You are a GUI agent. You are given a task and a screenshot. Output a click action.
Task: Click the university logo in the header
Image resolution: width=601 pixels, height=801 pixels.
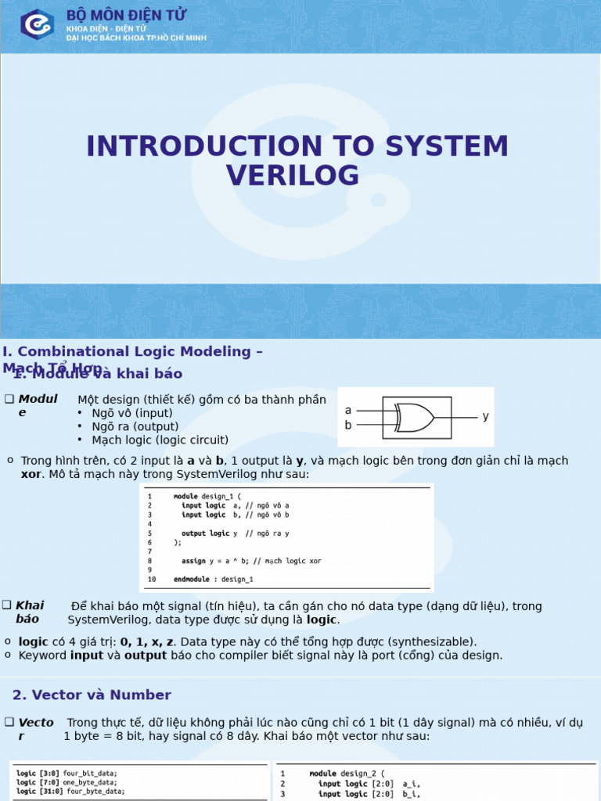(36, 25)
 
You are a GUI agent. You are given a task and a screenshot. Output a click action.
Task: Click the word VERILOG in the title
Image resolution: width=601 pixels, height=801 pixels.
(293, 175)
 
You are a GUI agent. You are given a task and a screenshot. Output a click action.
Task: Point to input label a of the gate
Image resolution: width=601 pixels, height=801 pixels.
(348, 411)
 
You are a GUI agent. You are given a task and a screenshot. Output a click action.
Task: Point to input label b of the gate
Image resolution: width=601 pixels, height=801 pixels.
(348, 426)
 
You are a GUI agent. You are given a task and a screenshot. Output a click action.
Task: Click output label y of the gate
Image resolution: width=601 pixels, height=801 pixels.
(485, 417)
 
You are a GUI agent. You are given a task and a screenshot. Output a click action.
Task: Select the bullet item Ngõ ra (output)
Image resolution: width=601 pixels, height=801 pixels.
(135, 426)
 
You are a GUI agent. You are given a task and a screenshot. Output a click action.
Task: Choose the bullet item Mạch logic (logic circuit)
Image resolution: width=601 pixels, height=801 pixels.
(160, 440)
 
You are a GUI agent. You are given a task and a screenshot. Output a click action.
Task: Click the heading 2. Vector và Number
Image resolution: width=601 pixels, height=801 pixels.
(92, 695)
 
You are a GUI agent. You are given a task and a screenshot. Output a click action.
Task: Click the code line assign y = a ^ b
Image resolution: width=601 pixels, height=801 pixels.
(247, 561)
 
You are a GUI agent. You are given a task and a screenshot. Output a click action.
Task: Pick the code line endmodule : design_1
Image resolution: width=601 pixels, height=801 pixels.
(213, 580)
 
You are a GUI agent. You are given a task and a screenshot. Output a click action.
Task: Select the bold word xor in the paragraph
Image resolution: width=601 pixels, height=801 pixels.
(30, 474)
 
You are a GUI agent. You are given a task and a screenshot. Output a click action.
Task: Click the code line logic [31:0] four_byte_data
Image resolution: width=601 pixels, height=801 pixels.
(70, 791)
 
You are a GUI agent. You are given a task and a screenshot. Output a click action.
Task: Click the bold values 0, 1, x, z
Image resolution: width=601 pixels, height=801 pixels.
(146, 641)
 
